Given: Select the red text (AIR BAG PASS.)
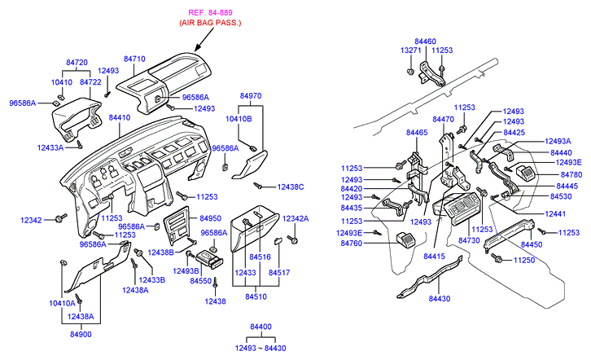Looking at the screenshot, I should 210,25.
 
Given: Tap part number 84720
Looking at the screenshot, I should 77,62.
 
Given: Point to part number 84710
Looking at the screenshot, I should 134,59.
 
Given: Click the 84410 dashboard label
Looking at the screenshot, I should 119,118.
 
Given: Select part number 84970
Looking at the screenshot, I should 251,96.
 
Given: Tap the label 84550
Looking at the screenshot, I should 200,280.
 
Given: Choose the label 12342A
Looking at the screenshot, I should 295,219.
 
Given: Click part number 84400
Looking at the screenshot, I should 260,327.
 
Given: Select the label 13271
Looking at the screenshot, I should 411,50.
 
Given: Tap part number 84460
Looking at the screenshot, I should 425,40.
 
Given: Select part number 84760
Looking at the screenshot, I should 352,243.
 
